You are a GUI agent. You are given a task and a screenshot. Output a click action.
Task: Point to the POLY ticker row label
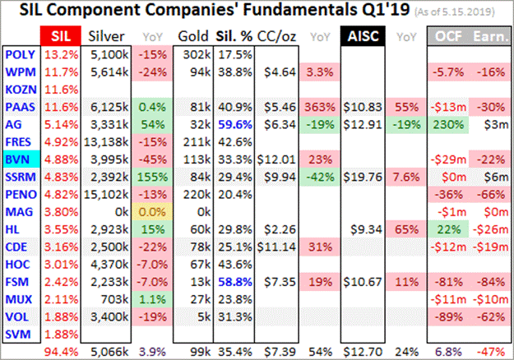point(20,54)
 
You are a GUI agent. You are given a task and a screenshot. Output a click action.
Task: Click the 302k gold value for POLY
point(193,54)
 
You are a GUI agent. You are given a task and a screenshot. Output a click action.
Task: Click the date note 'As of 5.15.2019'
point(460,13)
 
